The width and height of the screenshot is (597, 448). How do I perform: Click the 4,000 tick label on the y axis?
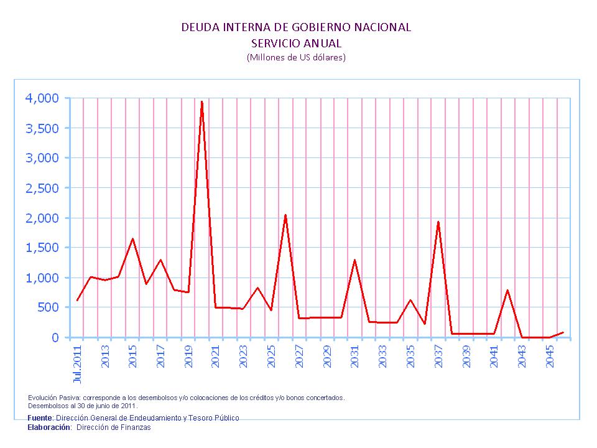point(42,98)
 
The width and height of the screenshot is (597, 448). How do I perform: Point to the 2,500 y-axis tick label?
point(42,188)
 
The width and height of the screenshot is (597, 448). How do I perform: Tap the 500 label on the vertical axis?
point(49,307)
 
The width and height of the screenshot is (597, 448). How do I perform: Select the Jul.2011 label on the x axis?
point(78,363)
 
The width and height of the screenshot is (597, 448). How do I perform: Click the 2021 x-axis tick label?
point(216,357)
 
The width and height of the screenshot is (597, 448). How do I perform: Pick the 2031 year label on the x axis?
point(355,357)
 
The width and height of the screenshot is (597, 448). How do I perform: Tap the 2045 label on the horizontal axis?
point(550,357)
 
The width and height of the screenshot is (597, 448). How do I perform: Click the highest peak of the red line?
point(201,101)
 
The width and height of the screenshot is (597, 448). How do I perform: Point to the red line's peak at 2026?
point(285,215)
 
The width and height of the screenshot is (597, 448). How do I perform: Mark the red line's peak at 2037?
point(438,222)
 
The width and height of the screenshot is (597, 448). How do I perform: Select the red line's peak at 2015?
point(132,239)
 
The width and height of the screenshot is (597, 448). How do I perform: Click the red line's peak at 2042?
point(507,291)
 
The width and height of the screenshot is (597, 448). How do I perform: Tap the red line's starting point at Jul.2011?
point(77,301)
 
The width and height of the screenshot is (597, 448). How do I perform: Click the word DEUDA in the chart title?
point(197,27)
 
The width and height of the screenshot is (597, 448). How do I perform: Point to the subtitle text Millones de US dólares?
point(296,57)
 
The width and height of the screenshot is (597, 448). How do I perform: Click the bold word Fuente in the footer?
point(40,418)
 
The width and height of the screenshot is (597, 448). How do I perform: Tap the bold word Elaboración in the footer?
point(49,427)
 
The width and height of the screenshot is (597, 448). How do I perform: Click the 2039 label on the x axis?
point(466,357)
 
